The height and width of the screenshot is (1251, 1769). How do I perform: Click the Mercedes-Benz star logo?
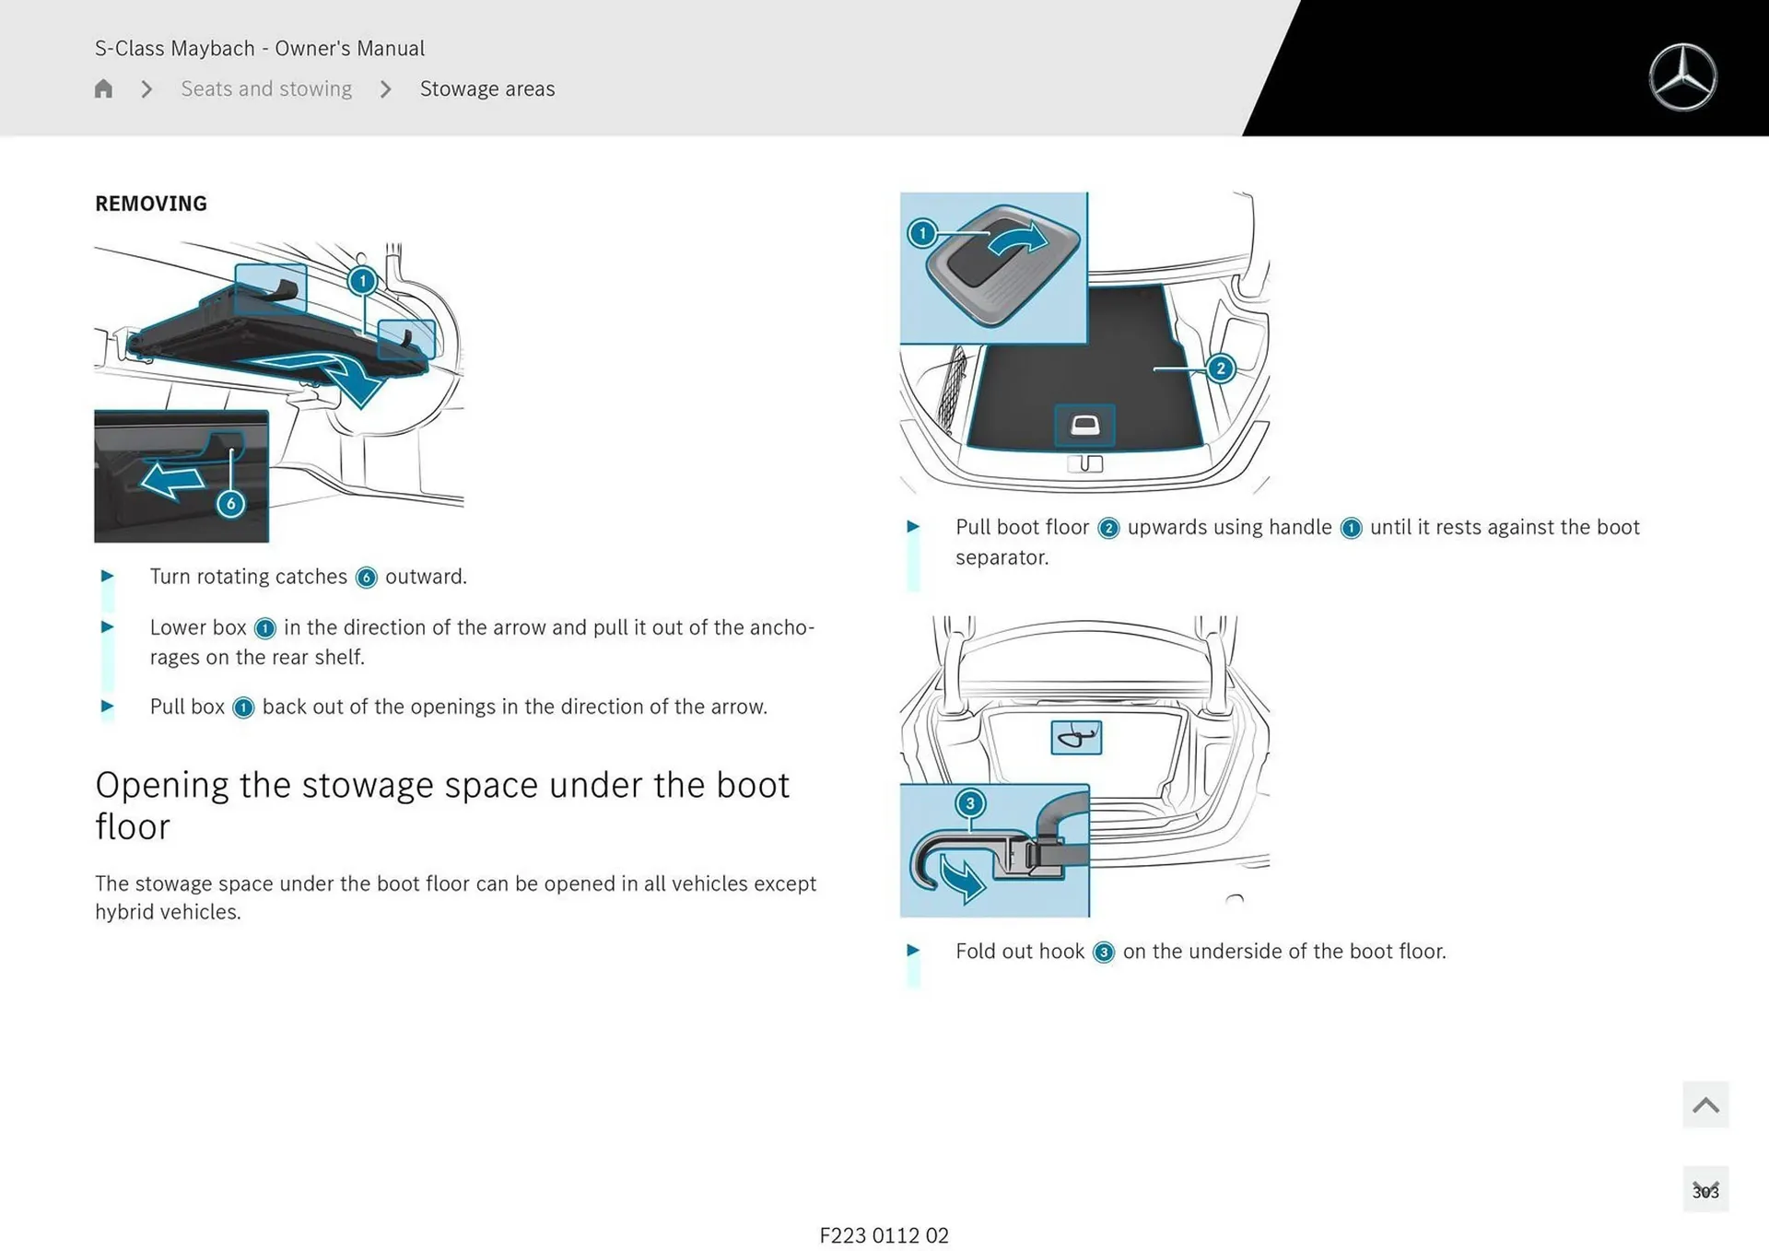pos(1682,77)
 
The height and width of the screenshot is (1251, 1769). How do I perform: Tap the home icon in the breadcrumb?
pos(103,88)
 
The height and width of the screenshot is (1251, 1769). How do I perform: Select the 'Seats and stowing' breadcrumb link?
pos(266,88)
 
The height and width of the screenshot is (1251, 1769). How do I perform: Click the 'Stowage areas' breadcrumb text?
pos(487,88)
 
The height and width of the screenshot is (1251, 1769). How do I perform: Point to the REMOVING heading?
pos(151,204)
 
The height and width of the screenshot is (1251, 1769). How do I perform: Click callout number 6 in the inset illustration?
pos(230,504)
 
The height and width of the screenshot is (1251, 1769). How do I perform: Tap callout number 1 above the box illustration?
pos(362,280)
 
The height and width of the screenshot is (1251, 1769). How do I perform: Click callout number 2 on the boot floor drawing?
pos(1220,368)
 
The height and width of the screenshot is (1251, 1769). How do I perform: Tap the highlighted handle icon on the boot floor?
pos(1084,426)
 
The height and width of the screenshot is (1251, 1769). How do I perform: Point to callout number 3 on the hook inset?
pos(969,803)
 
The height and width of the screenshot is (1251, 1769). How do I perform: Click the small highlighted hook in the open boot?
pos(1076,737)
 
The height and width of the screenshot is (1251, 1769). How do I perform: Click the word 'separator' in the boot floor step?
pos(1000,557)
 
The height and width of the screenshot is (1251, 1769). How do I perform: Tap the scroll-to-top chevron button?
pos(1705,1105)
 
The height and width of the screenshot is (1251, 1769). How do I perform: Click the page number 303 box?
pos(1705,1190)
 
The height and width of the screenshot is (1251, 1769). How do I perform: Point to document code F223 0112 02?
pos(884,1235)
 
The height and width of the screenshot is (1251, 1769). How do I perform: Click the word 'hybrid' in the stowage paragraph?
pos(125,912)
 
